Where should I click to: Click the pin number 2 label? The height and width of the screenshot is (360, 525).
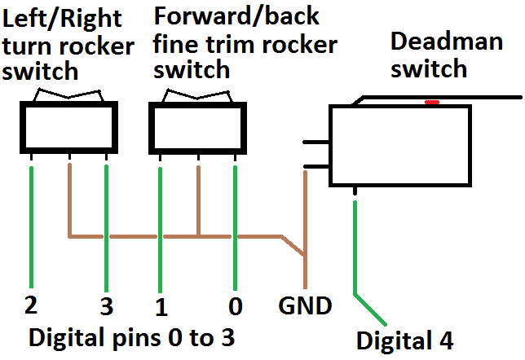point(32,305)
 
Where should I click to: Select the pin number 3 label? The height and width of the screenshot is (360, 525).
point(106,307)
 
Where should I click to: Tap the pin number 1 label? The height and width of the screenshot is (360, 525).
point(161,307)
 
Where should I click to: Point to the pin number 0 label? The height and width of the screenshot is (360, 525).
point(236,307)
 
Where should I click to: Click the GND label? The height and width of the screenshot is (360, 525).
point(305,306)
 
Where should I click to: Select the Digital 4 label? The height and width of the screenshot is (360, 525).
point(404,339)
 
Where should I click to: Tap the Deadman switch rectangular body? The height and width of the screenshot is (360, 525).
point(399,147)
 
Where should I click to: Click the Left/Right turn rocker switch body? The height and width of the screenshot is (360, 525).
point(69,128)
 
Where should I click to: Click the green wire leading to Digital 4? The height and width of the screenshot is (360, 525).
point(356,244)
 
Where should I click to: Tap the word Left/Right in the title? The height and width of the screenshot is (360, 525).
point(55,17)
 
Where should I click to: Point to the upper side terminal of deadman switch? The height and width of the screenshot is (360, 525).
point(315,144)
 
